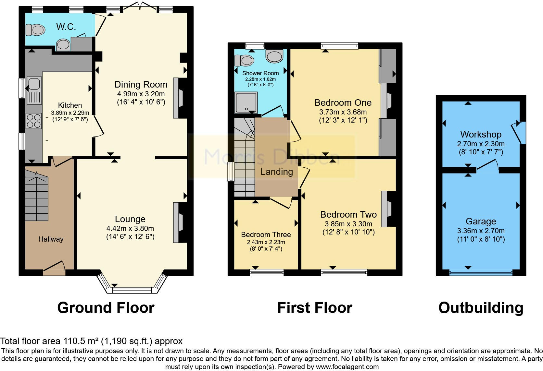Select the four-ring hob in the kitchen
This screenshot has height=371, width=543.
pyautogui.click(x=33, y=121)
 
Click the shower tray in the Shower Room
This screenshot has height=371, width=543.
pyautogui.click(x=246, y=102)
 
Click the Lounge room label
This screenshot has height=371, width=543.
pyautogui.click(x=130, y=219)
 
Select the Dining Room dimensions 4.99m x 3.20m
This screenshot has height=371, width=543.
pyautogui.click(x=141, y=94)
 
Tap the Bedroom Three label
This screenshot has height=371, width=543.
pyautogui.click(x=266, y=234)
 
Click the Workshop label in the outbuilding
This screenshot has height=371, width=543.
pyautogui.click(x=481, y=134)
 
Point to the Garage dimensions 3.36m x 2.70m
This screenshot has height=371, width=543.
pyautogui.click(x=481, y=231)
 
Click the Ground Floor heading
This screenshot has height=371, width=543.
pyautogui.click(x=106, y=307)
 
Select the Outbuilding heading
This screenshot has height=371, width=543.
pyautogui.click(x=481, y=307)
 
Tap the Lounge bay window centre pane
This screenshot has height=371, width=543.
pyautogui.click(x=132, y=290)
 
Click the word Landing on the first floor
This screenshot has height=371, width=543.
pyautogui.click(x=276, y=172)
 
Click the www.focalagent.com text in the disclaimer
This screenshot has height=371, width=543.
pyautogui.click(x=347, y=367)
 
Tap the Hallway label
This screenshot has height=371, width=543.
pyautogui.click(x=51, y=239)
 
